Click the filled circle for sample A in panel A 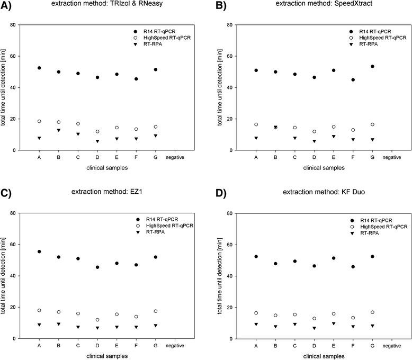(x=39, y=68)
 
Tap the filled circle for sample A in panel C (x=39, y=251)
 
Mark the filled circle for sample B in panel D (x=276, y=263)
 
